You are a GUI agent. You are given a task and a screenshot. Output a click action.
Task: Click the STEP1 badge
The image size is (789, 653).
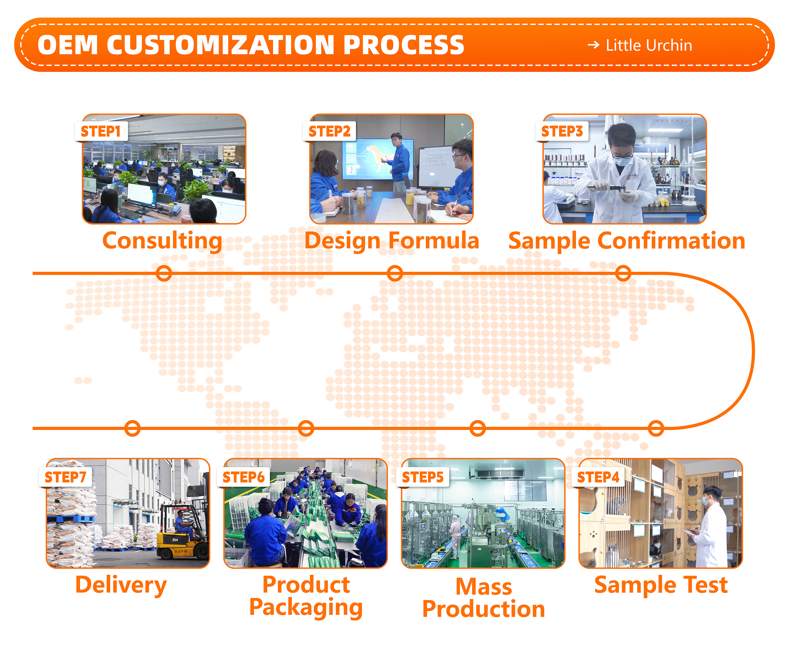[101, 131]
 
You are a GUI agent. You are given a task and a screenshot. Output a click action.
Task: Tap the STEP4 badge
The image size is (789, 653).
[598, 477]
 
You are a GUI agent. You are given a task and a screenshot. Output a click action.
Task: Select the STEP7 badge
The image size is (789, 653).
[65, 477]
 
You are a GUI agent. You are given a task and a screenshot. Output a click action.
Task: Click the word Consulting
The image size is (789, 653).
[162, 241]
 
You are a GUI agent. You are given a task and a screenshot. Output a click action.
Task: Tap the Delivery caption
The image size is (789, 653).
[121, 585]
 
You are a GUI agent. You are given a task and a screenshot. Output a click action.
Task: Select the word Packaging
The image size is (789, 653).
[306, 607]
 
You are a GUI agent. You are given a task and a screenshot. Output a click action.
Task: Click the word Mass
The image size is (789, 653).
[484, 587]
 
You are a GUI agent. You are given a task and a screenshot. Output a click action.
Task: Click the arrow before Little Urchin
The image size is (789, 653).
[593, 45]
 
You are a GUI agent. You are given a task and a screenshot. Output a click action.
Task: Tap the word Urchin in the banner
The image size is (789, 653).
[670, 45]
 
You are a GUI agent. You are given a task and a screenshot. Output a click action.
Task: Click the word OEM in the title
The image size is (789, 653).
[68, 45]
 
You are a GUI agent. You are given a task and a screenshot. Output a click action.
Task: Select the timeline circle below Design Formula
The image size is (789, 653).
[394, 273]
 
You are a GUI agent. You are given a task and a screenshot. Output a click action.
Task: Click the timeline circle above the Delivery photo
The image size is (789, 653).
[132, 428]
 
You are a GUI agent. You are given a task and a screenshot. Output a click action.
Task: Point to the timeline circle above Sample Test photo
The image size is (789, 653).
[656, 428]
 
